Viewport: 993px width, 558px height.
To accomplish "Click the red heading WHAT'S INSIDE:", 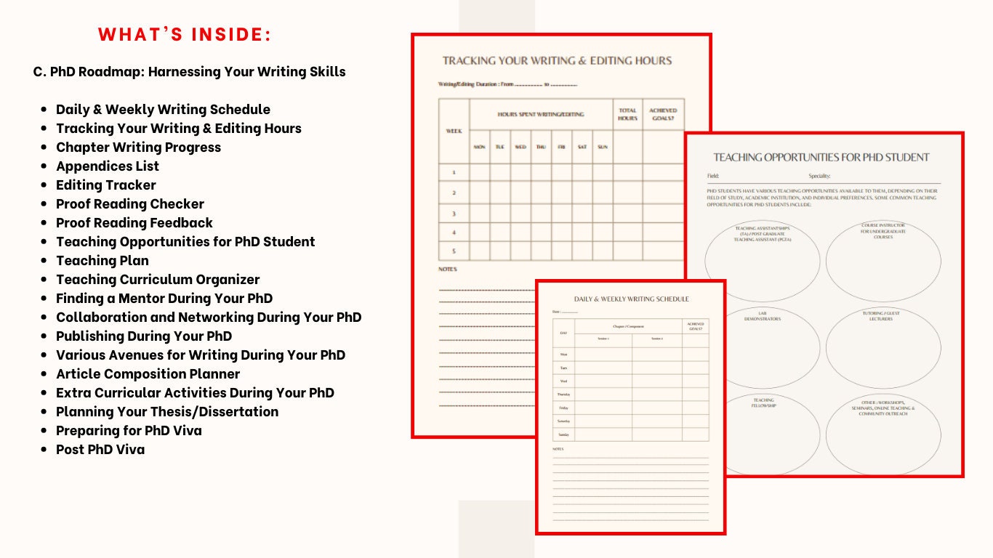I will click(185, 35).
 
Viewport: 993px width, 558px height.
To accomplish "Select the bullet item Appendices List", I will click(108, 166).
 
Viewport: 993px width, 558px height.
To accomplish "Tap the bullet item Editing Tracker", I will click(106, 185).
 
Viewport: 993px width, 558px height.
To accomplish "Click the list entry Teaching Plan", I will click(102, 261).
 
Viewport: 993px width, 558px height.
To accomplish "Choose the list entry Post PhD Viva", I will click(100, 450).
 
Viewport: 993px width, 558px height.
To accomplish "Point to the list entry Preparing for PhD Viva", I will click(129, 431).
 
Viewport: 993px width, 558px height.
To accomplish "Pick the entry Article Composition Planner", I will click(148, 374).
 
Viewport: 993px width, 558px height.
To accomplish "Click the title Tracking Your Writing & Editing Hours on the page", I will click(557, 61).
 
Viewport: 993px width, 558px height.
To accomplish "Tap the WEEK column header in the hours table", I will click(454, 131).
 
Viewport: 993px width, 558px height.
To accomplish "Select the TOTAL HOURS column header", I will click(627, 114).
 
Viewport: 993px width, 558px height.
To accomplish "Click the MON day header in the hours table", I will click(480, 147).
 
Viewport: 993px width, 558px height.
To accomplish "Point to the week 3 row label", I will click(454, 214).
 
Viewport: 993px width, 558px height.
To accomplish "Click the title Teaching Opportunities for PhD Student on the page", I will click(821, 157).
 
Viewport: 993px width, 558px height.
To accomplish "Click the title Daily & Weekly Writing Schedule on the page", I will click(631, 299).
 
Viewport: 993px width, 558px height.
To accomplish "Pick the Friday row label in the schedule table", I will click(563, 408).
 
